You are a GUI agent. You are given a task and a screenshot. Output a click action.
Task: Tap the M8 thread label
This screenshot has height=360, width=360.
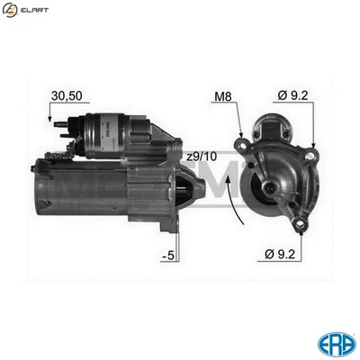click(x=224, y=95)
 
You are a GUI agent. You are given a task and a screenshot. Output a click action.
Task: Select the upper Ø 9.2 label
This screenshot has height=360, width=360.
click(x=292, y=95)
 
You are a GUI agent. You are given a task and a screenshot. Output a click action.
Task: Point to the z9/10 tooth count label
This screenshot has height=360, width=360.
click(x=204, y=158)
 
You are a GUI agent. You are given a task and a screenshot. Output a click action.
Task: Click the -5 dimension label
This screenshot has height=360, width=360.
click(x=167, y=257)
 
